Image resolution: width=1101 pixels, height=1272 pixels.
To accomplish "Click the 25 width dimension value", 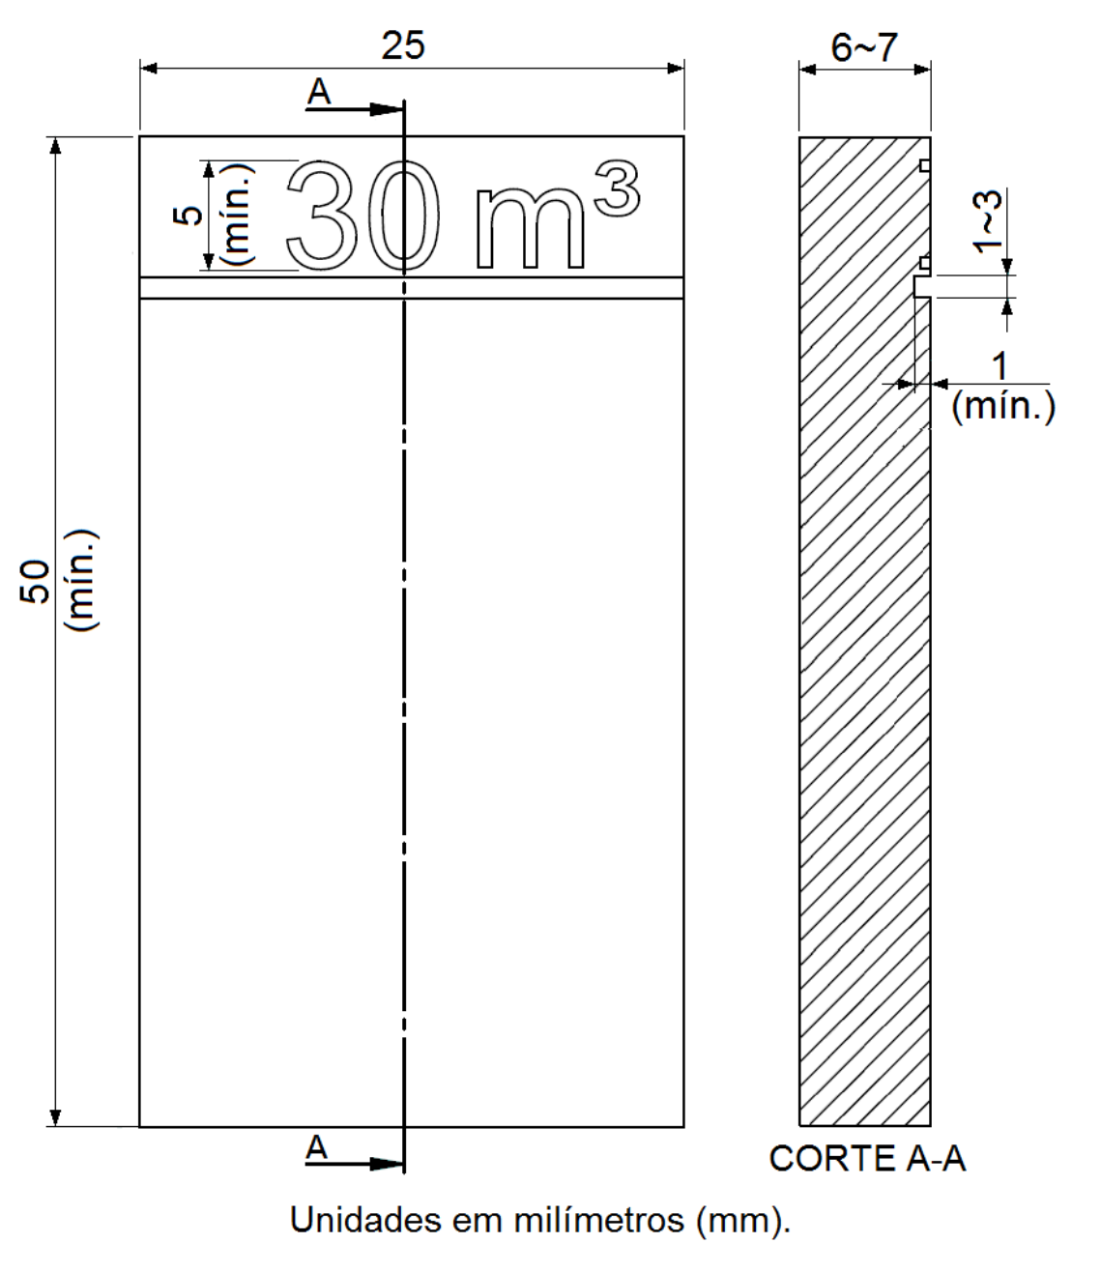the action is coord(403,45).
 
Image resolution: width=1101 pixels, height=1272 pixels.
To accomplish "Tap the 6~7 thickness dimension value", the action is coord(864,47).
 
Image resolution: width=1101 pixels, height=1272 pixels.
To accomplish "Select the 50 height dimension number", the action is coord(35,582).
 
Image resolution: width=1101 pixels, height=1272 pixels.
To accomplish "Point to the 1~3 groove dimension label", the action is coord(987,221).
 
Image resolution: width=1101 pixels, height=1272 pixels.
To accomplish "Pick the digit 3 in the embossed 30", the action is coord(323,215).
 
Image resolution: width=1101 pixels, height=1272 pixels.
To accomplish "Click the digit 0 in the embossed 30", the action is coord(402,215).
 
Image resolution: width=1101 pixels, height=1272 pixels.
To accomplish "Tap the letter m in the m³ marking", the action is coord(530,228).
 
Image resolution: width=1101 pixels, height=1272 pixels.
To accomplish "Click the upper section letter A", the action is coord(319,93).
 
